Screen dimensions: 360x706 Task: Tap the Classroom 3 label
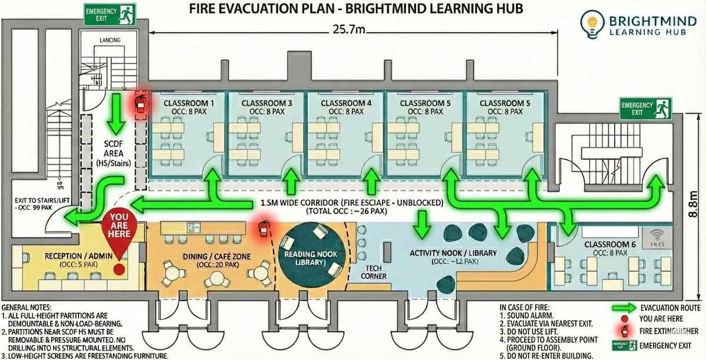pyautogui.click(x=267, y=103)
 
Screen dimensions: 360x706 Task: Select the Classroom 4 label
pyautogui.click(x=347, y=103)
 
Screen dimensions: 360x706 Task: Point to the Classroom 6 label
pyautogui.click(x=608, y=244)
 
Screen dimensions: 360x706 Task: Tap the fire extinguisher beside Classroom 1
pyautogui.click(x=140, y=102)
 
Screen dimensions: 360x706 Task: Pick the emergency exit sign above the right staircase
pyautogui.click(x=645, y=109)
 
